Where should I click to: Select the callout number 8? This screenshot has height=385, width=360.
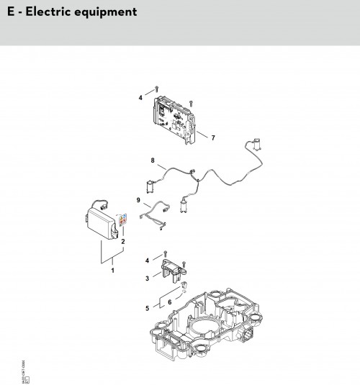(x=152, y=160)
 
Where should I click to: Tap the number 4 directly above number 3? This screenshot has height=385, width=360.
(x=148, y=260)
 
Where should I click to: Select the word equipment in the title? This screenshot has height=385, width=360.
(x=107, y=13)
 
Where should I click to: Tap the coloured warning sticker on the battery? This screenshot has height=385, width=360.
(x=122, y=219)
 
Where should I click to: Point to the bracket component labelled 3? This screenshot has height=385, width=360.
(x=178, y=272)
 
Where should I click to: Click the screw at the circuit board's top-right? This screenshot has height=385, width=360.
(x=190, y=101)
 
